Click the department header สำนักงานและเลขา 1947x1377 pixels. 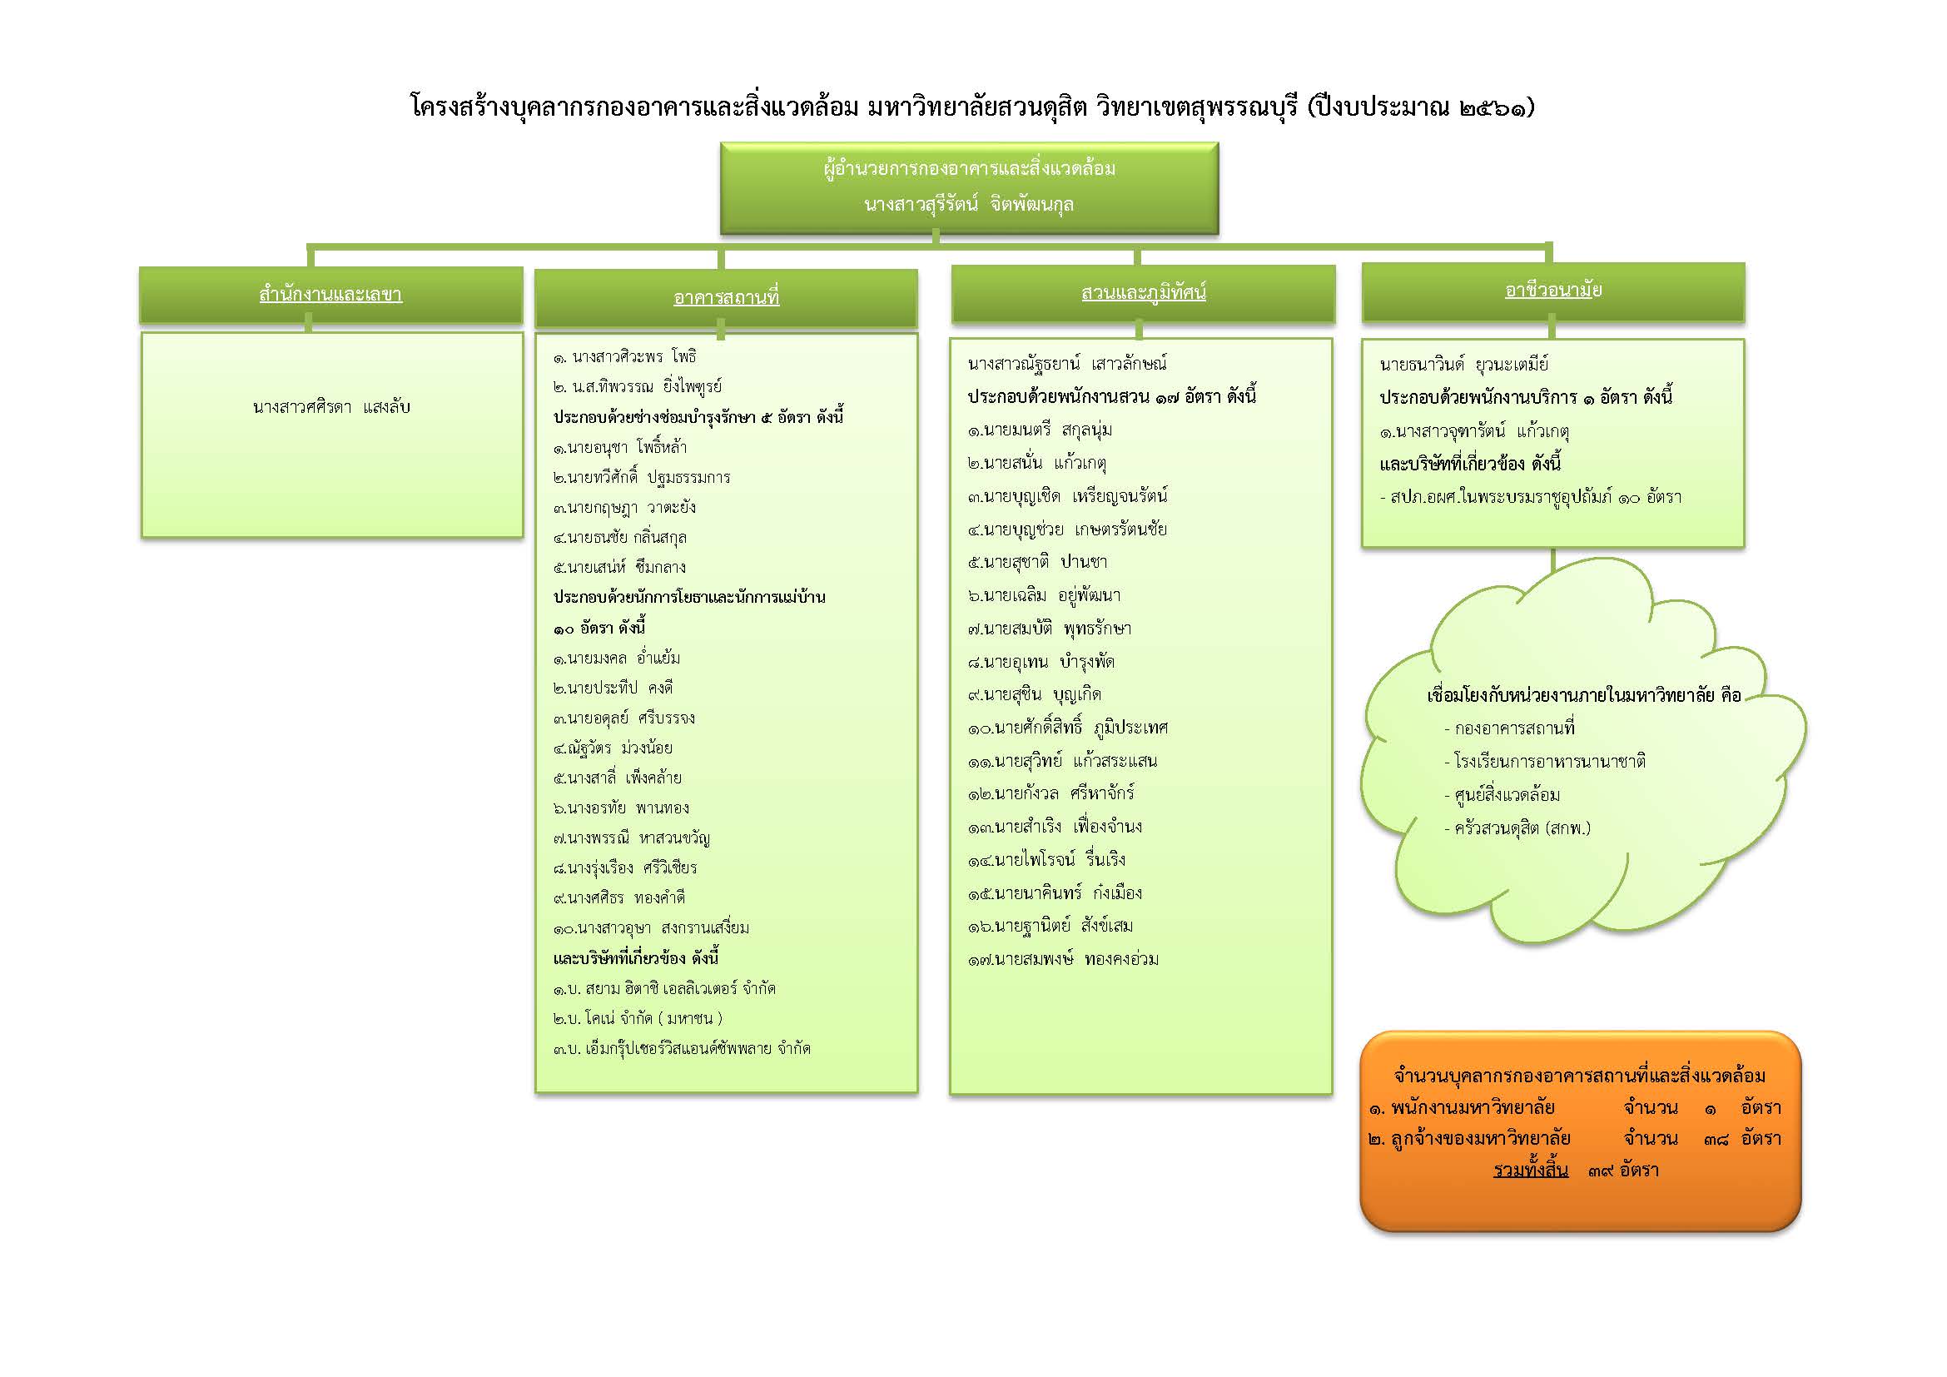tap(330, 295)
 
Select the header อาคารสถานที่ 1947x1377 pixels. tap(726, 297)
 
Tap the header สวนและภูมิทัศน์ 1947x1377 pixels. tap(1143, 293)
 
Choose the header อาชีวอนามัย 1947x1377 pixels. tap(1553, 290)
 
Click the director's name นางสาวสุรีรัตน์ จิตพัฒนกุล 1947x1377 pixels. tap(969, 204)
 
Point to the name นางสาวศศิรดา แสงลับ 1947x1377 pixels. tap(330, 407)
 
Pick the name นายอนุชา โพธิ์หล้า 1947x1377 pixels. tap(620, 447)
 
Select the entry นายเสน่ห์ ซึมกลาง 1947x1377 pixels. tap(619, 567)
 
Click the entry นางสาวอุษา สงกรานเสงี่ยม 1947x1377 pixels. tap(651, 928)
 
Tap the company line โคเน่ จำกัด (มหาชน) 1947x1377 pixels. tap(638, 1018)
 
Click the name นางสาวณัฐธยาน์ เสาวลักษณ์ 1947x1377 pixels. tap(1067, 364)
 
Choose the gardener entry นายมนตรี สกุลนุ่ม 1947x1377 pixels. tap(1040, 430)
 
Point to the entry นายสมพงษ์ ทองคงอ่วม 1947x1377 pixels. tap(1063, 959)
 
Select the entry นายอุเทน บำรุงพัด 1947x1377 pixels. tap(1041, 661)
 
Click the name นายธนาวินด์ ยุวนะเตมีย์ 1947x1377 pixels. tap(1463, 365)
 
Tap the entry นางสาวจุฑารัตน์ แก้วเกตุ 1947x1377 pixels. tap(1474, 431)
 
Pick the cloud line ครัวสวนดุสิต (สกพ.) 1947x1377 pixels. tap(1517, 828)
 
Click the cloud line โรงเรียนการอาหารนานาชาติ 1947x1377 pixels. tap(1544, 762)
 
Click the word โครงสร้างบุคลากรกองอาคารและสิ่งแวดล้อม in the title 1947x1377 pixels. tap(635, 107)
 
